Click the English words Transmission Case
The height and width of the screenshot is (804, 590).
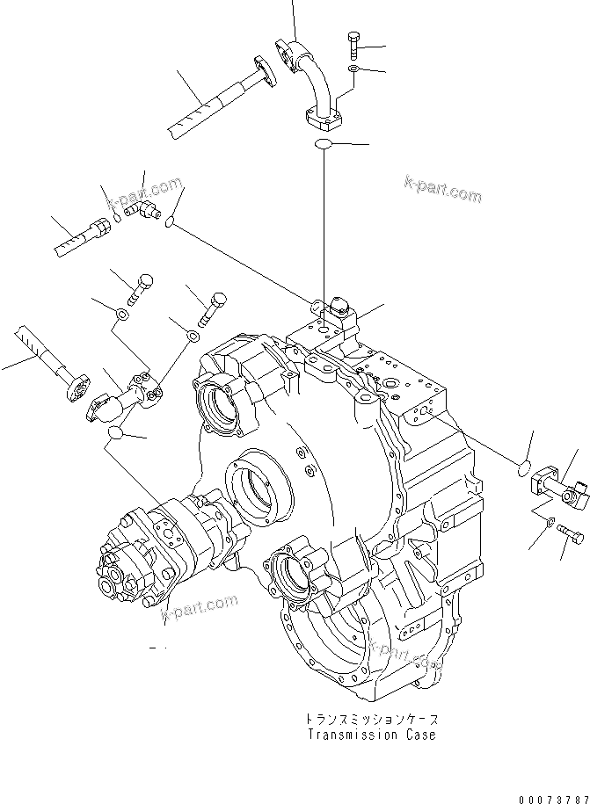pos(370,735)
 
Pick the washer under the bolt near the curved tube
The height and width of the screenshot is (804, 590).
pos(352,69)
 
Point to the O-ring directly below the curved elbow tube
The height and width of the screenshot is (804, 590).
pos(323,144)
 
